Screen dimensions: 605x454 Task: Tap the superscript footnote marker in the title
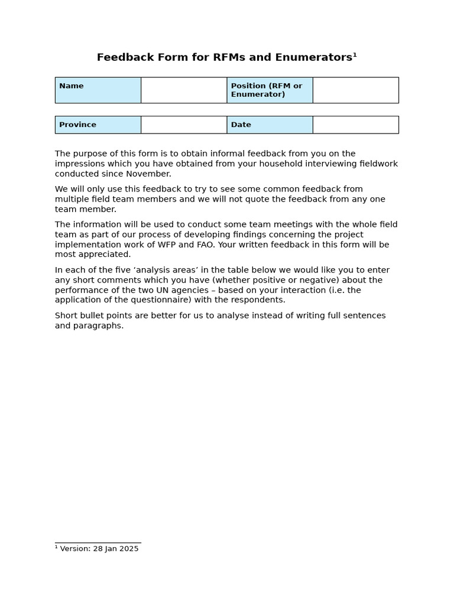pyautogui.click(x=355, y=55)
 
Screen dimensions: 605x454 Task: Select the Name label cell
pyautogui.click(x=98, y=90)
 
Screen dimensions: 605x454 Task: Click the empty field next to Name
pyautogui.click(x=184, y=90)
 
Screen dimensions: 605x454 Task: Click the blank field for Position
pyautogui.click(x=355, y=90)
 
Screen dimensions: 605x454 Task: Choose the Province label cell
pyautogui.click(x=98, y=125)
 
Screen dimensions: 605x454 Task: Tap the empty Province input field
pyautogui.click(x=184, y=125)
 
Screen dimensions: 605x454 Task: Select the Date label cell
pyautogui.click(x=270, y=125)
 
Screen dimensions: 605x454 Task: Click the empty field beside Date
pyautogui.click(x=355, y=125)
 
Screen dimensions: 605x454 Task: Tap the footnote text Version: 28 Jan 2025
pyautogui.click(x=99, y=549)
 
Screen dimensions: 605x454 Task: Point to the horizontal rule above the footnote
pyautogui.click(x=98, y=542)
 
